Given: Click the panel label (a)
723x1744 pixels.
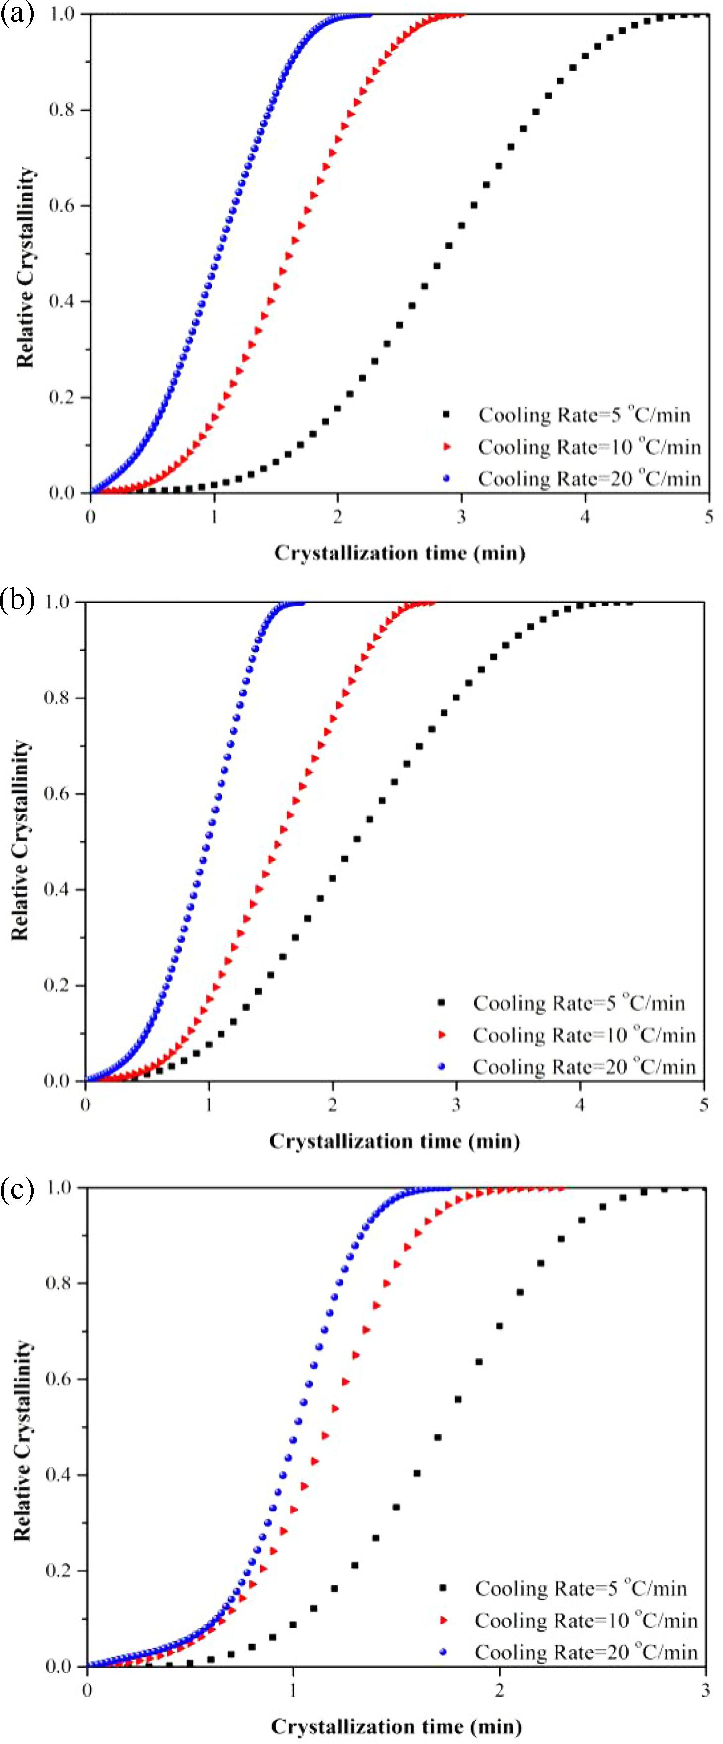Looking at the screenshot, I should [16, 13].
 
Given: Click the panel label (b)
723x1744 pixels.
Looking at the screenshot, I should [16, 600].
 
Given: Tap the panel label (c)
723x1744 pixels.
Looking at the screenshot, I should [16, 1189].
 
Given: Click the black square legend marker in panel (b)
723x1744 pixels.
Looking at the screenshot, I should [442, 1003].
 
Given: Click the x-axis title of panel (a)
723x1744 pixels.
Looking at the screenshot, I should [399, 553].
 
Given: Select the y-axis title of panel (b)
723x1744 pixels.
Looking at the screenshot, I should [20, 839].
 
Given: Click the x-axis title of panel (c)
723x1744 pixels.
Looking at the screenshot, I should [396, 1726].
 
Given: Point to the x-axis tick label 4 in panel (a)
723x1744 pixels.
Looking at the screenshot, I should [585, 517].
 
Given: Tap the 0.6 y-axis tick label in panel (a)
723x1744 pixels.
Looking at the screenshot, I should [61, 206].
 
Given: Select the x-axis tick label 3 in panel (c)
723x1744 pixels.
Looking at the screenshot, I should [705, 1691].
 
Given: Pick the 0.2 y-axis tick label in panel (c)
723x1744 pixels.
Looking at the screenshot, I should [58, 1570].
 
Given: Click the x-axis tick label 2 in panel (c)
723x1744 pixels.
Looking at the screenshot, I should [500, 1691].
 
